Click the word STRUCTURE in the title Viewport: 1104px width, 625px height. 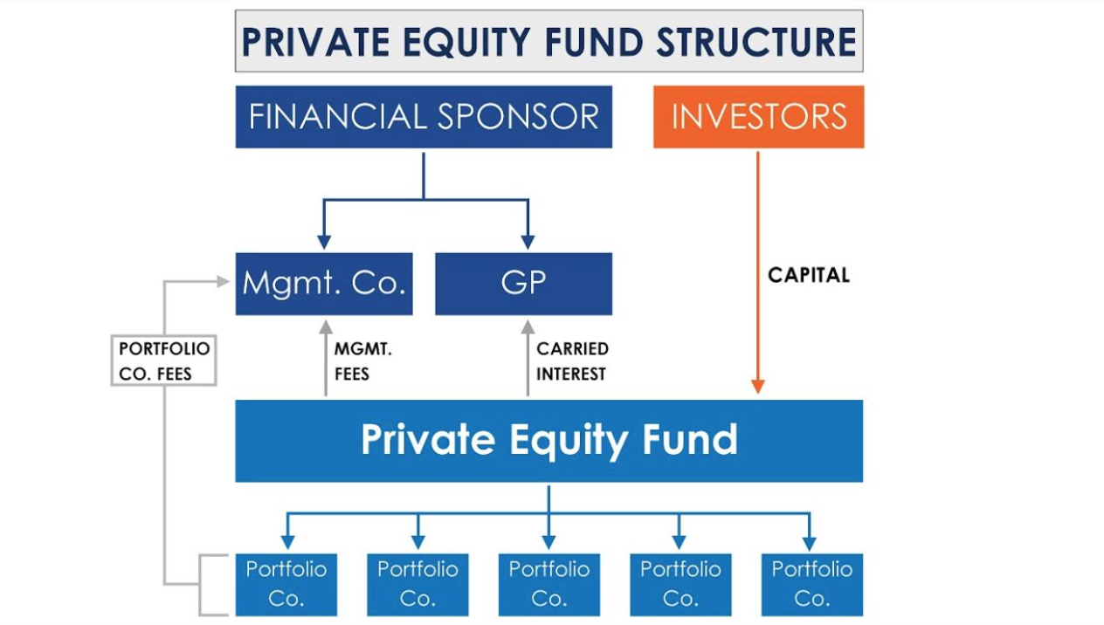coord(756,42)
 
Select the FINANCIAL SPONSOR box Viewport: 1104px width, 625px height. coord(424,117)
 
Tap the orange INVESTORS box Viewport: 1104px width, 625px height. coord(758,117)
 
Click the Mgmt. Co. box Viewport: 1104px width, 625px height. coord(324,284)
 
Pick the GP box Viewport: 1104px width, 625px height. coord(523,284)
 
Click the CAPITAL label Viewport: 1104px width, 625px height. coord(809,275)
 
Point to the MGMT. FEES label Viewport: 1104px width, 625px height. coord(363,361)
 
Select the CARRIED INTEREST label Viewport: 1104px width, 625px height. coord(572,361)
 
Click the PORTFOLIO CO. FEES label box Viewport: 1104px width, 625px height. coord(163,360)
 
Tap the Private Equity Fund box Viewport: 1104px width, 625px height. coord(549,441)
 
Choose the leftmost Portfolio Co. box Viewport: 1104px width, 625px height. coord(286,585)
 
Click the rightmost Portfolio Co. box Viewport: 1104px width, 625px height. coord(812,585)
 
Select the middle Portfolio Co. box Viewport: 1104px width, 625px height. coord(549,585)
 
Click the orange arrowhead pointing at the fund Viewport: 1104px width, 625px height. coord(758,386)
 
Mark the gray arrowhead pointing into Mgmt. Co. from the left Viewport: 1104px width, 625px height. coord(224,281)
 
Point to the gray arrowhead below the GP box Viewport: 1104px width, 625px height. coord(528,327)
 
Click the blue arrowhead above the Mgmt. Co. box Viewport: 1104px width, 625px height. coord(324,242)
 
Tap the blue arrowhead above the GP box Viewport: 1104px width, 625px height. coord(528,242)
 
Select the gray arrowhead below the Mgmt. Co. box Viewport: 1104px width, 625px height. coord(326,327)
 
